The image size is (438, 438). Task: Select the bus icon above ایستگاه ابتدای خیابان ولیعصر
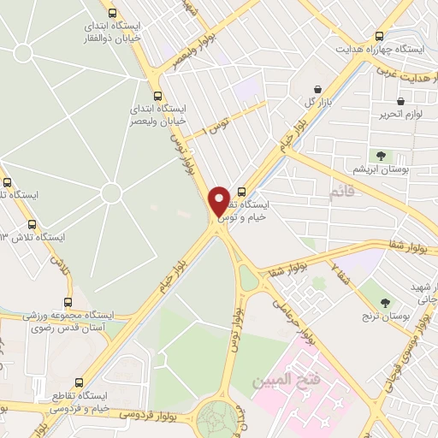(157, 97)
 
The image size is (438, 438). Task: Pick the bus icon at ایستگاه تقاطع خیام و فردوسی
(80, 382)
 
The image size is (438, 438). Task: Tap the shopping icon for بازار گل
(318, 89)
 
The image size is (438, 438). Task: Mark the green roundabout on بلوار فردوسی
(216, 419)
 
